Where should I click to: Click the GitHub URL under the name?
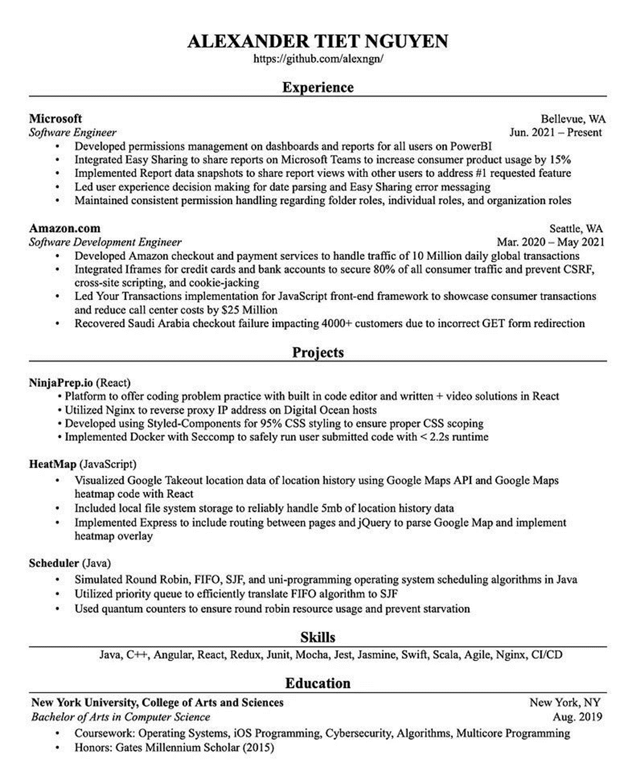point(318,59)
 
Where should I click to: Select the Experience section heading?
point(318,87)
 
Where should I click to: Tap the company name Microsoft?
point(56,119)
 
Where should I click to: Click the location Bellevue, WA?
point(573,119)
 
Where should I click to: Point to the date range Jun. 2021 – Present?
point(555,132)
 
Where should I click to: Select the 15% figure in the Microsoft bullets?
point(560,160)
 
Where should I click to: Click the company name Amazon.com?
point(65,229)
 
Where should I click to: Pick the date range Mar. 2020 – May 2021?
point(550,242)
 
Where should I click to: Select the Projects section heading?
point(318,353)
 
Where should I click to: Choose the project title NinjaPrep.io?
point(61,382)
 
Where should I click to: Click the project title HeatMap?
point(52,464)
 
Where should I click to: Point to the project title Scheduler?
point(54,563)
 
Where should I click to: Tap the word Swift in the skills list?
point(414,655)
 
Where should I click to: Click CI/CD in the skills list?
point(547,655)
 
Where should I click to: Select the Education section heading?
point(318,684)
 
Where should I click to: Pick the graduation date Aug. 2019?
point(577,716)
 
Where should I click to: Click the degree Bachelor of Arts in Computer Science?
point(120,716)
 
